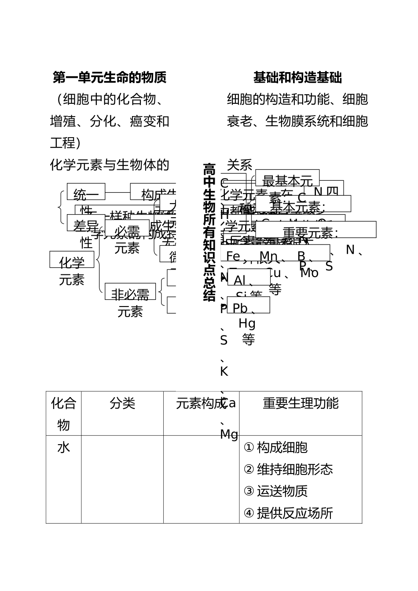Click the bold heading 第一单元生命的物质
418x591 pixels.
pyautogui.click(x=110, y=78)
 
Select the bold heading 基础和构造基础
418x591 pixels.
pyautogui.click(x=297, y=78)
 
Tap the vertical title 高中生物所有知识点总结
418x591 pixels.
pyautogui.click(x=209, y=232)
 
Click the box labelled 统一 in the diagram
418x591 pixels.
pyautogui.click(x=86, y=192)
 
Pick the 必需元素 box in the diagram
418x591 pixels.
pyautogui.click(x=127, y=228)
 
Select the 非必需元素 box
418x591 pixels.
pyautogui.click(x=130, y=292)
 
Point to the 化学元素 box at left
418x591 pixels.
pyautogui.click(x=72, y=260)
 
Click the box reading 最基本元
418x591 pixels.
pyautogui.click(x=287, y=178)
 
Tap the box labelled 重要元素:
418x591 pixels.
pyautogui.click(x=315, y=230)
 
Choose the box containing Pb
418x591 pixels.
pyautogui.click(x=249, y=305)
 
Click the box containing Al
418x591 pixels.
pyautogui.click(x=249, y=277)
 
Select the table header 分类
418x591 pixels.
pyautogui.click(x=122, y=403)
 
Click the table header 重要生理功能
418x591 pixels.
pyautogui.click(x=301, y=403)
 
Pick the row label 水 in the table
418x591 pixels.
pyautogui.click(x=63, y=448)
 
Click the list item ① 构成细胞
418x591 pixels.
pyautogui.click(x=275, y=448)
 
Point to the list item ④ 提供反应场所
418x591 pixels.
pyautogui.click(x=288, y=513)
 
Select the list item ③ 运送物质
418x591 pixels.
pyautogui.click(x=275, y=491)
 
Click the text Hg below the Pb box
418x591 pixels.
pyautogui.click(x=247, y=324)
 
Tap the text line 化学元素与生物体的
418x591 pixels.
pyautogui.click(x=110, y=165)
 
